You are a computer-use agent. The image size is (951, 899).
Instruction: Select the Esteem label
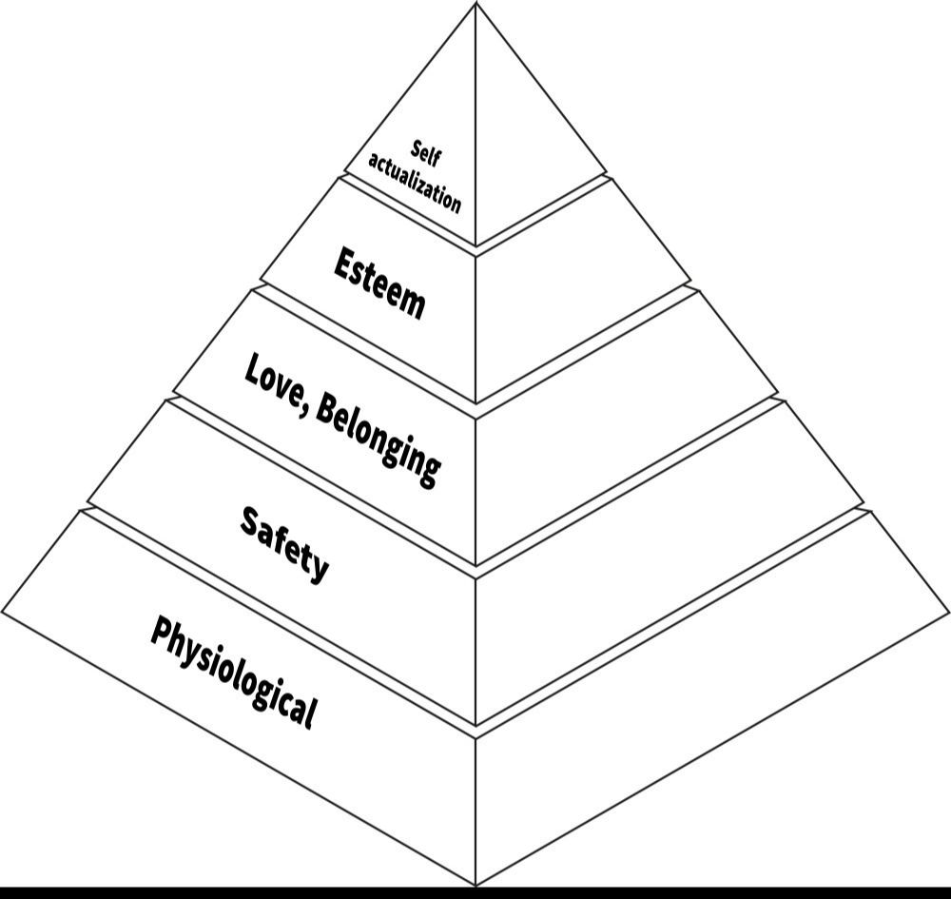tap(379, 283)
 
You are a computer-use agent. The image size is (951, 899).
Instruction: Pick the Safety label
tap(284, 543)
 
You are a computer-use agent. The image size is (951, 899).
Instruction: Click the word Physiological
tap(233, 671)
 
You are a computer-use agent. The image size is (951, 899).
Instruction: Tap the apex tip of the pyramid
tap(475, 4)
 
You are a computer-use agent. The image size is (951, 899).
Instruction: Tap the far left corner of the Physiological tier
tap(3, 612)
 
